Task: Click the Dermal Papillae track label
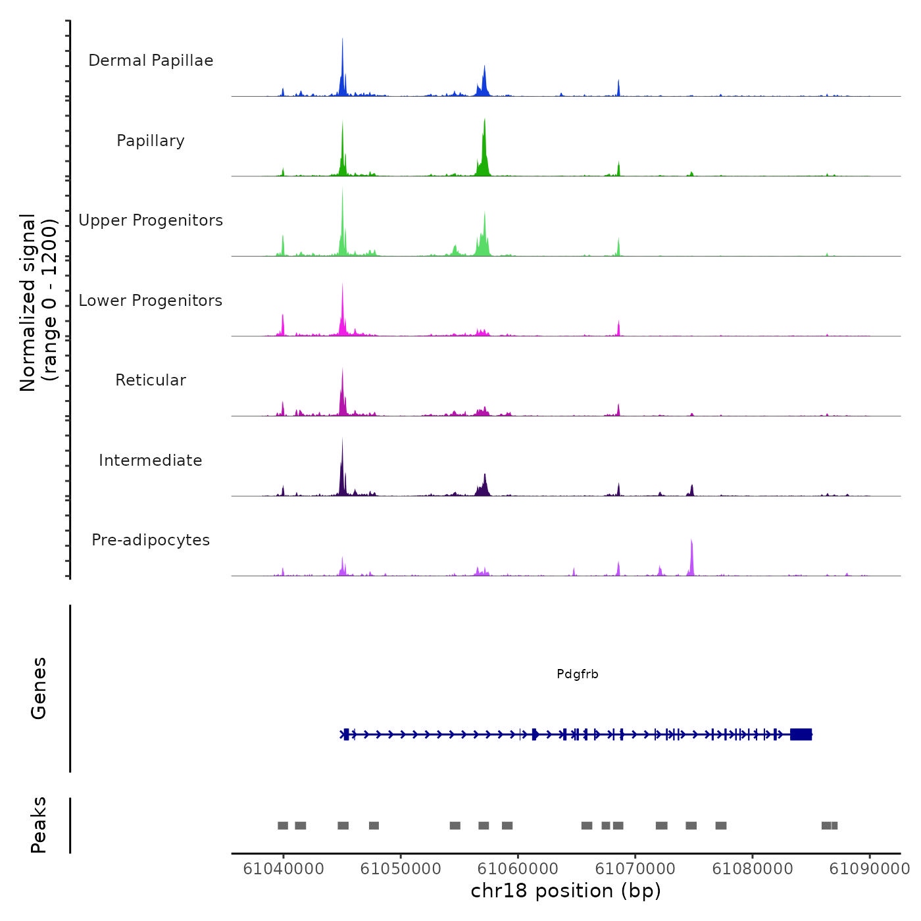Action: click(151, 61)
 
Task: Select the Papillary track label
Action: click(151, 141)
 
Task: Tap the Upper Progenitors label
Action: click(151, 220)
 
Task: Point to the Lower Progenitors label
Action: click(151, 301)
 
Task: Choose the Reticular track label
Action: click(151, 380)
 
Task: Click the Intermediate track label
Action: click(151, 460)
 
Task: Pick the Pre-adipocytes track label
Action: click(151, 540)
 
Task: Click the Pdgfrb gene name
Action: click(578, 674)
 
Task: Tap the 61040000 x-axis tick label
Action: click(284, 868)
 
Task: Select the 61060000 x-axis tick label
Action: click(518, 868)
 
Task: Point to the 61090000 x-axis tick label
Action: click(870, 868)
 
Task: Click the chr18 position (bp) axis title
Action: click(566, 891)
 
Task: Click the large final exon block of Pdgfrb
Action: click(801, 734)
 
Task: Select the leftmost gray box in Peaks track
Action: click(283, 826)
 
